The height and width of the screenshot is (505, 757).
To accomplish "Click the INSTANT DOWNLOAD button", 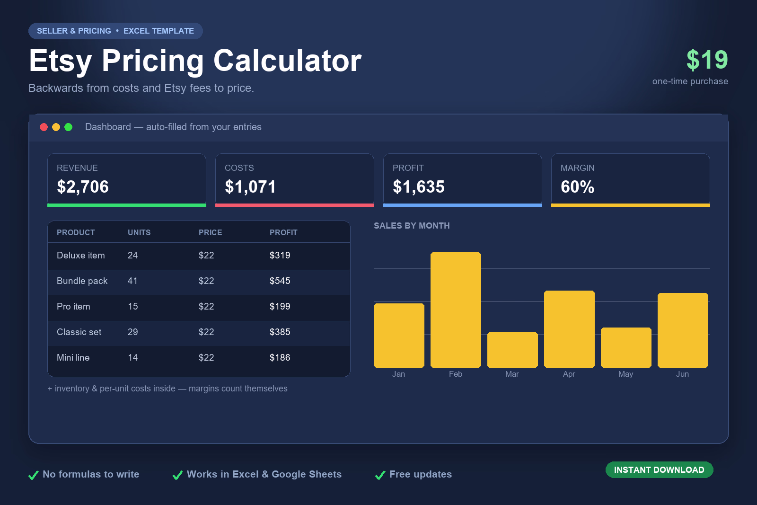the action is point(659,470).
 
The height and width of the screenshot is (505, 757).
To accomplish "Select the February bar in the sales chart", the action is point(456,310).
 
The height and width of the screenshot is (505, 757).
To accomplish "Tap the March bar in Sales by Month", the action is point(512,349).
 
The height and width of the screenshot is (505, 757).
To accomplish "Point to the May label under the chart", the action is point(625,374).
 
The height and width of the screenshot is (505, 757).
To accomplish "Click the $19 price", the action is point(707,60).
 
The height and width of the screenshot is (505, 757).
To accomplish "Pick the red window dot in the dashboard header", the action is point(44,127).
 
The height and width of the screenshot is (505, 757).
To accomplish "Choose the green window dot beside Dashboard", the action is point(68,127).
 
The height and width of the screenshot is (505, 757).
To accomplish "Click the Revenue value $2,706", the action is point(83,186).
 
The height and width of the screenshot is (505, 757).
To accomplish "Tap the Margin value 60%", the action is point(577,186).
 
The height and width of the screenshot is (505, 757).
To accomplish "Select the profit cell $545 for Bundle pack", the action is point(280,281).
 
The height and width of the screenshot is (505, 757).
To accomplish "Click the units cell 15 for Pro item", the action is point(133,307).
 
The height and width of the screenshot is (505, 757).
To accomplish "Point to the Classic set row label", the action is point(79,332).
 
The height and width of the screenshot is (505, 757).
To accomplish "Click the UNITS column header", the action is point(139,232).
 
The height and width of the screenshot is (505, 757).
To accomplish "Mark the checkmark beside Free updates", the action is point(380,475).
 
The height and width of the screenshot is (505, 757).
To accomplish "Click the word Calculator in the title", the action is point(288,61).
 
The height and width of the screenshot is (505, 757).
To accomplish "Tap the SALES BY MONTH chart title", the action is point(412,226).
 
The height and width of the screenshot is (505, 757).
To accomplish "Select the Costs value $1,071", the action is point(250,186).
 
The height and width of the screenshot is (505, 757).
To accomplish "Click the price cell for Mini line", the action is point(206,358).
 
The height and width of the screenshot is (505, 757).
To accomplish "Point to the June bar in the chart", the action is point(683,330).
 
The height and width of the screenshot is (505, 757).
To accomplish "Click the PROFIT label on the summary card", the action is point(408,168).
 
